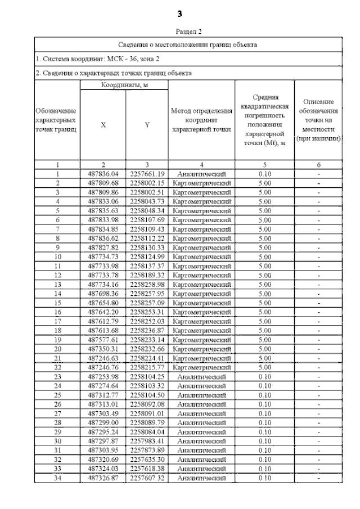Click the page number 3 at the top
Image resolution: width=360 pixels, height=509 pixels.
[179, 13]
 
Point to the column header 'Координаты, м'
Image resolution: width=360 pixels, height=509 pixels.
[124, 84]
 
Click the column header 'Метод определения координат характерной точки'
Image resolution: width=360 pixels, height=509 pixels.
[201, 120]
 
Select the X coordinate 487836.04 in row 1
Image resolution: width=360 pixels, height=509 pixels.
[103, 174]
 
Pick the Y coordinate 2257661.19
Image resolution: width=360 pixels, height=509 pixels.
[147, 174]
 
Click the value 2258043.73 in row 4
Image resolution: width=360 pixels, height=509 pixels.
[147, 201]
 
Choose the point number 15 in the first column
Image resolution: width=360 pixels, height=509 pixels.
[57, 303]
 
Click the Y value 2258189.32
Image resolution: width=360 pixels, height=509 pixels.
[147, 275]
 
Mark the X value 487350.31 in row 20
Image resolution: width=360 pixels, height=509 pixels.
[103, 349]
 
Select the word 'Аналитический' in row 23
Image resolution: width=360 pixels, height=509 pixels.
[201, 376]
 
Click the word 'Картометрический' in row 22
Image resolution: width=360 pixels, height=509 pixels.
[201, 367]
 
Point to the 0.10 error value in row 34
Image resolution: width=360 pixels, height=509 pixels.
[264, 478]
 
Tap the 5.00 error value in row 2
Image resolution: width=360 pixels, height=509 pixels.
[264, 183]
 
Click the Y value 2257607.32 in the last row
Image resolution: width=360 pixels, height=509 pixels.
[147, 478]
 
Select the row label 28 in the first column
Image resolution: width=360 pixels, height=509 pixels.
[57, 422]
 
